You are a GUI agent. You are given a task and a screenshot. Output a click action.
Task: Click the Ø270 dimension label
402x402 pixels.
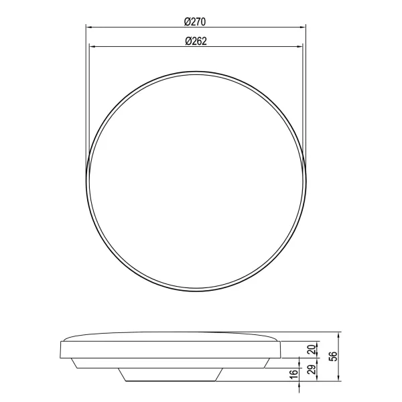(195, 21)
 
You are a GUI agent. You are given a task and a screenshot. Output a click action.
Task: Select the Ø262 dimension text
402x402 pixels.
(195, 41)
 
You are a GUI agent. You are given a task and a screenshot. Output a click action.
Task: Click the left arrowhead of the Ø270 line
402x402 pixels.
(88, 27)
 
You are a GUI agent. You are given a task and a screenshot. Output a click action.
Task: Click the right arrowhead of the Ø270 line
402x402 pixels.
(304, 27)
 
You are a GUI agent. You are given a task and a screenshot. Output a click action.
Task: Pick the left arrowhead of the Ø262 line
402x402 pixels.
(91, 47)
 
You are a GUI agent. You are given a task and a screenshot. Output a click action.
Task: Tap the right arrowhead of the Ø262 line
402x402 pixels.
(300, 47)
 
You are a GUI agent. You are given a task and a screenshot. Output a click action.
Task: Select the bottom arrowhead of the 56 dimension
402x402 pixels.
(340, 384)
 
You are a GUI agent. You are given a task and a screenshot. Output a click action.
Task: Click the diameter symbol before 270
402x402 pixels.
(187, 21)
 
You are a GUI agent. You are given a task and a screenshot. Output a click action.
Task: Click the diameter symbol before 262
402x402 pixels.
(187, 41)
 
